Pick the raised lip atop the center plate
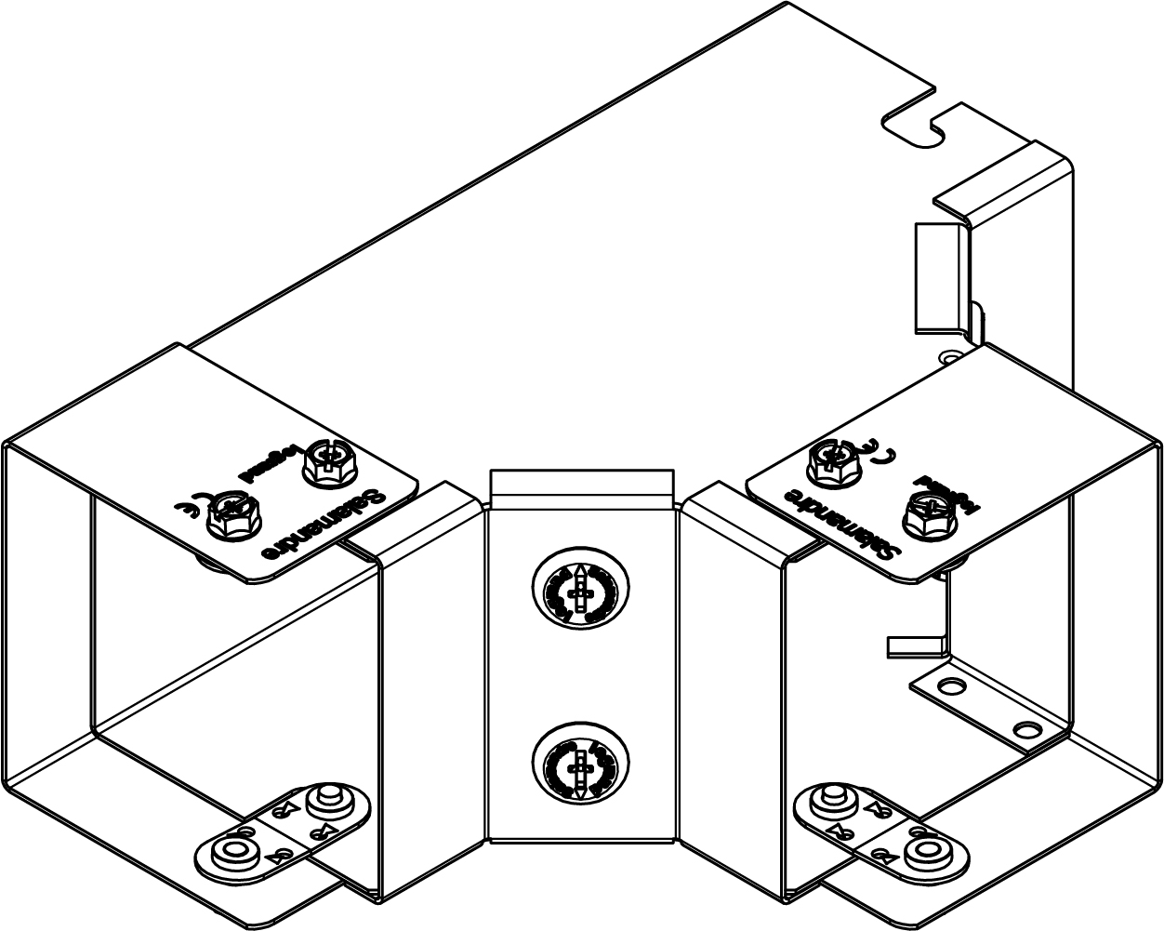pyautogui.click(x=580, y=484)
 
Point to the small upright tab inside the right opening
pyautogui.click(x=915, y=645)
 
